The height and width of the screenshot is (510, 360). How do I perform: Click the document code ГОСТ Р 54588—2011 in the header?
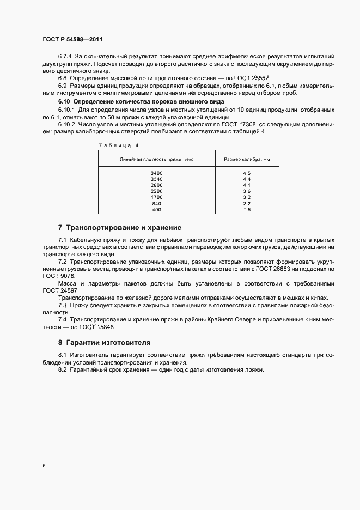point(72,40)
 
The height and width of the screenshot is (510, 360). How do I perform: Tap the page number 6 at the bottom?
point(44,466)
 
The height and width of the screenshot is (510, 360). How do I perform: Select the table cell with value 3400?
point(156,173)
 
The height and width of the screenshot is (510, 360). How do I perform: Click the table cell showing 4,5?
point(246,173)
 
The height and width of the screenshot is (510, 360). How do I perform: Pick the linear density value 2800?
point(156,185)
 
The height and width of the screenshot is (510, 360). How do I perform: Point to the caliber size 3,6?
point(246,191)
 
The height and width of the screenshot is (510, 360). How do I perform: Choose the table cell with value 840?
point(156,203)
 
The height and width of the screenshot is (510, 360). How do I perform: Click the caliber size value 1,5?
point(246,209)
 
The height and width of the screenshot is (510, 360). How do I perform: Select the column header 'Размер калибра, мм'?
point(247,159)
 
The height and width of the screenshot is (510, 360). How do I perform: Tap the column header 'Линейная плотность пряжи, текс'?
point(157,159)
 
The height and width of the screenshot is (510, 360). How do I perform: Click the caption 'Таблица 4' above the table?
point(118,145)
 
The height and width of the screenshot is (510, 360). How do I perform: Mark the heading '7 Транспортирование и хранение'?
point(119,227)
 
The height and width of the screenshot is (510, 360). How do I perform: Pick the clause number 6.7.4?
point(65,57)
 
